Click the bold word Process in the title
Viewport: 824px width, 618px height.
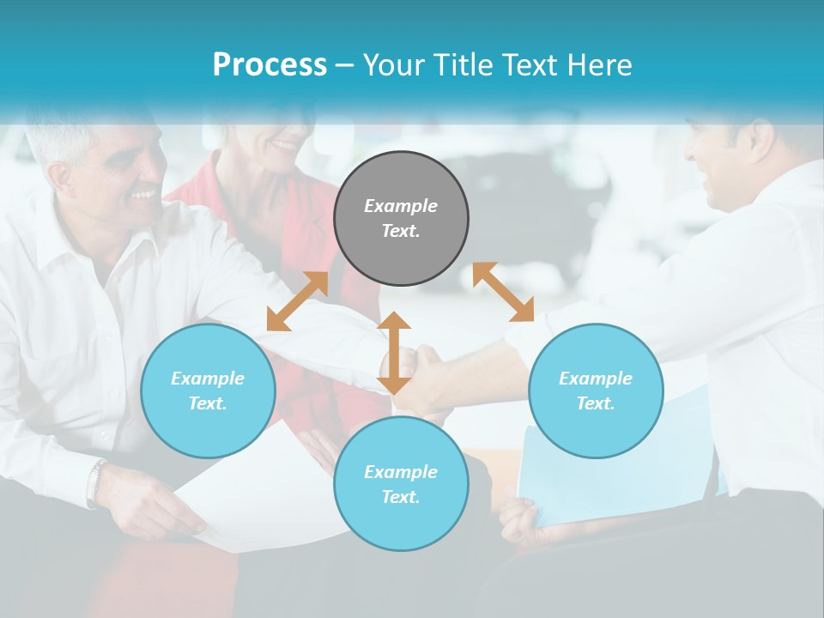(270, 65)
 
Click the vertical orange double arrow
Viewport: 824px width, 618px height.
(394, 353)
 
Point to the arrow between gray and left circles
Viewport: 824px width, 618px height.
(297, 301)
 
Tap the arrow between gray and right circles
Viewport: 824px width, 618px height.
(503, 292)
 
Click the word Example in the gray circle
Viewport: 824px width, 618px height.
(401, 206)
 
